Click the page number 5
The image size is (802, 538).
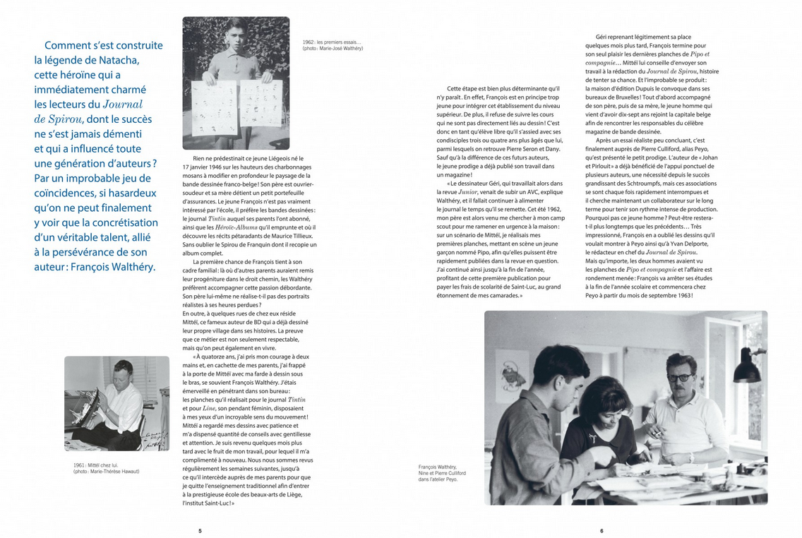pos(200,530)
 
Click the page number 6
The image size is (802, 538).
pos(601,530)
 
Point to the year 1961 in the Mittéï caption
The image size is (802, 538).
pos(80,465)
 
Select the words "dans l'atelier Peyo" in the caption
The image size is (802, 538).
pos(438,479)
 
